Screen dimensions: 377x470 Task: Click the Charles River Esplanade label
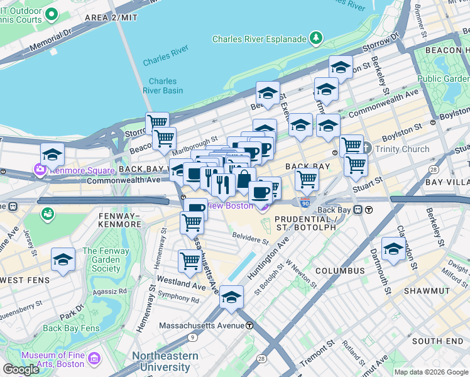coord(259,39)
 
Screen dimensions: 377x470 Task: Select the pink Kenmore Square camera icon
coord(41,170)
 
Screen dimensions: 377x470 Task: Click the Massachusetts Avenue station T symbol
coord(249,325)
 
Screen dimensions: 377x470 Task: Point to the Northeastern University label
coord(165,361)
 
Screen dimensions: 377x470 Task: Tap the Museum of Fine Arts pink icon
coord(94,359)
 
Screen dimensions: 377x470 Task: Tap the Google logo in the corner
coord(21,369)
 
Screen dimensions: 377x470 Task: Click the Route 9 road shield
coord(191,337)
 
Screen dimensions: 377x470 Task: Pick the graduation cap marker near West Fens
coord(63,260)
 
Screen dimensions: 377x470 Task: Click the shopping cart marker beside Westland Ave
coord(190,260)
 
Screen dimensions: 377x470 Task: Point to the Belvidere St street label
coord(251,240)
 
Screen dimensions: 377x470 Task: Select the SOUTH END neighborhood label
coord(437,341)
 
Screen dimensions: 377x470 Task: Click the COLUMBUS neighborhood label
coord(340,271)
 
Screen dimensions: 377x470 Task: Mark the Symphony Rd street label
coord(178,297)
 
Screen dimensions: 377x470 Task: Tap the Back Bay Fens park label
coord(71,328)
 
